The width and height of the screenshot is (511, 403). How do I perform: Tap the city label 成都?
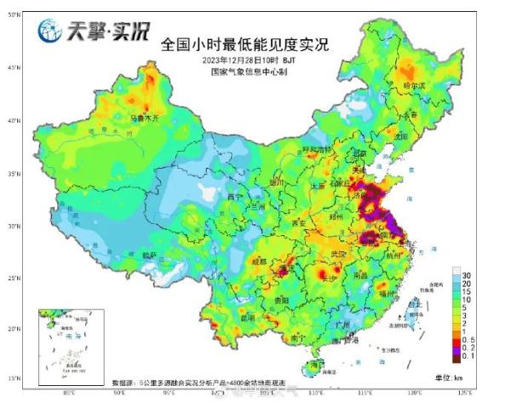260,261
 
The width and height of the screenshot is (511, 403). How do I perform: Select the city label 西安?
299,223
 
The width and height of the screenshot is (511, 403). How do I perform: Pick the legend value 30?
468,275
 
